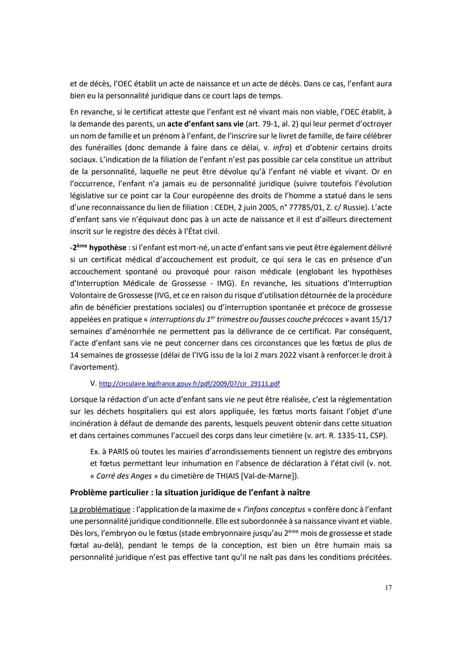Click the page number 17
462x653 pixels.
pos(388,588)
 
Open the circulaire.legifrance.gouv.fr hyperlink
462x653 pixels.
pos(189,384)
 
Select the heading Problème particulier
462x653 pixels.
pos(190,492)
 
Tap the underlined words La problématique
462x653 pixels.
pos(100,509)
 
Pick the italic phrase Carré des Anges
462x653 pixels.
pos(124,476)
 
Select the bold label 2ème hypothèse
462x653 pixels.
pos(99,248)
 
